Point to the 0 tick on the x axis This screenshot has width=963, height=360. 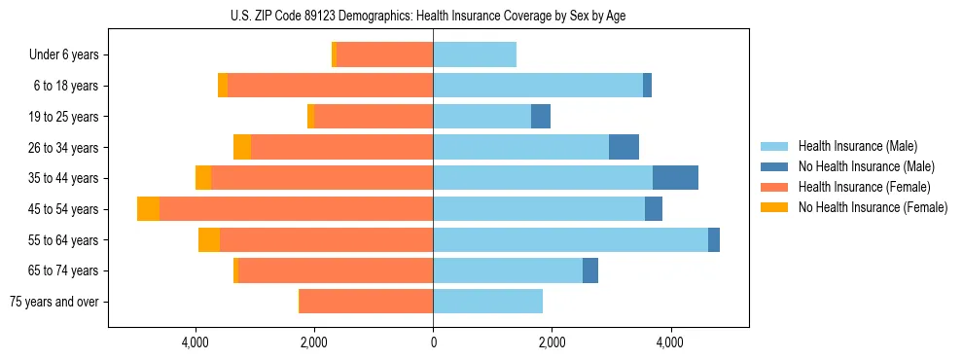433,342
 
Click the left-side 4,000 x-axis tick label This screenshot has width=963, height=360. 196,342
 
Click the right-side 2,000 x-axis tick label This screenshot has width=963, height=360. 552,342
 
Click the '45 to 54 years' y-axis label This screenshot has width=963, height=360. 65,209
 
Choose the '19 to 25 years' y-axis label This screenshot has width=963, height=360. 65,117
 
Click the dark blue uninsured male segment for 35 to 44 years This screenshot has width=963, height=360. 675,178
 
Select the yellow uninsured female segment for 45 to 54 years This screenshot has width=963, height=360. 148,209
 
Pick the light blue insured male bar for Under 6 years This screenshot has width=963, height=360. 475,55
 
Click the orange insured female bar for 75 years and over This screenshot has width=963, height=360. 367,302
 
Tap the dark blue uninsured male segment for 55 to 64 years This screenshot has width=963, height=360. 714,239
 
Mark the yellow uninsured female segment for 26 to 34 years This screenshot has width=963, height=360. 242,147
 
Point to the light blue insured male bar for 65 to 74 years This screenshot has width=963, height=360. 508,270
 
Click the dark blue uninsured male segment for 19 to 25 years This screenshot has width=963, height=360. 541,117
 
